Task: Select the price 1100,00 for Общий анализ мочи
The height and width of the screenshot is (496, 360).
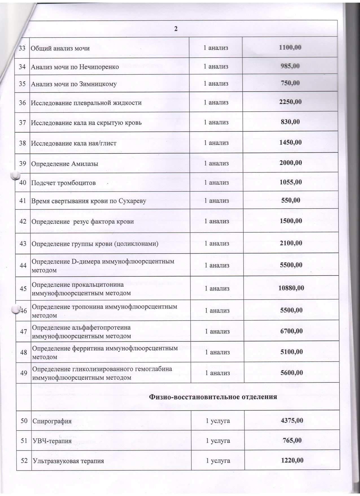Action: [x=290, y=48]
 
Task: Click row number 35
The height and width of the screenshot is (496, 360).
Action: [x=22, y=84]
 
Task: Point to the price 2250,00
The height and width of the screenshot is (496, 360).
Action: [x=290, y=102]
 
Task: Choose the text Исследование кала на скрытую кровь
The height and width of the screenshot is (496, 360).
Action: [x=86, y=123]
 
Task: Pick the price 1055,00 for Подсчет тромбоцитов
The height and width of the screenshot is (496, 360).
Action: [x=290, y=182]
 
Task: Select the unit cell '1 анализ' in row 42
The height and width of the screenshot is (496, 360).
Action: [x=217, y=221]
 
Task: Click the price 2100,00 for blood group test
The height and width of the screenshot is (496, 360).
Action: [x=291, y=243]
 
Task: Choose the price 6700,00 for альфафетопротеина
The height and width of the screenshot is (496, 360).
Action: [x=291, y=331]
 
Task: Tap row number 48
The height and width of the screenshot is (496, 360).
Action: [x=24, y=352]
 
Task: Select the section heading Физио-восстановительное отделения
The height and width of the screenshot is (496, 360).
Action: [x=213, y=397]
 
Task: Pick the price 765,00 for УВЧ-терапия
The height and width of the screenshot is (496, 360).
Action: [x=292, y=440]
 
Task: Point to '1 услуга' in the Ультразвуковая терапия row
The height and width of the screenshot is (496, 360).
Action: [x=218, y=461]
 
